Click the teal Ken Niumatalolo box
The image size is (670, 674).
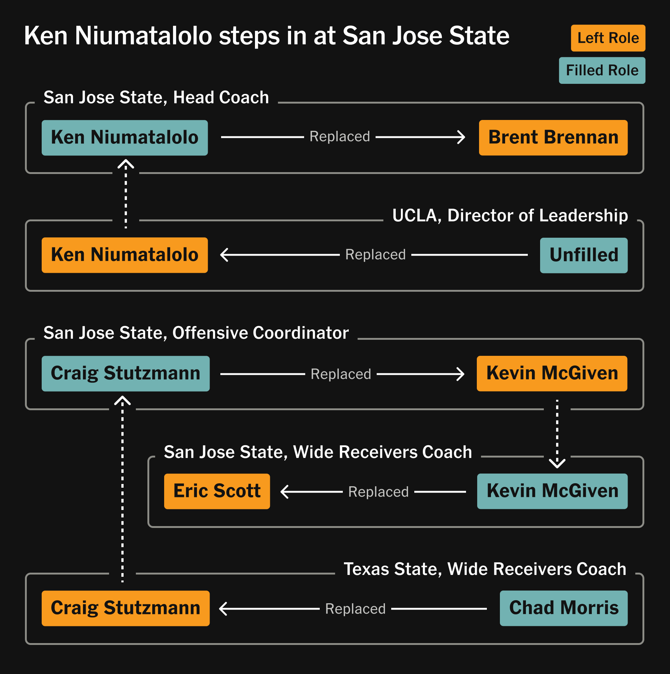pos(125,137)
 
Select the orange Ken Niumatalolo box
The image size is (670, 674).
pos(125,255)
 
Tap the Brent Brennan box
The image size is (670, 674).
pos(553,137)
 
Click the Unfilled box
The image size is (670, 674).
pos(584,255)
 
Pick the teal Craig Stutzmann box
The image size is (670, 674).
pos(125,373)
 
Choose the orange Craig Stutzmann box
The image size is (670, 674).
pos(125,608)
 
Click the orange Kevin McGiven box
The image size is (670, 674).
pos(552,373)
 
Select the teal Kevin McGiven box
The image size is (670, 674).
pos(552,491)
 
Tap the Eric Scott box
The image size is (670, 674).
pos(217,491)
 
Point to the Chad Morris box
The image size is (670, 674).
pos(564,608)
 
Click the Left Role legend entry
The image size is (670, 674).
pos(608,38)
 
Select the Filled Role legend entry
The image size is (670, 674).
pos(602,70)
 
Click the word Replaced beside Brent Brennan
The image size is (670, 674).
pos(340,137)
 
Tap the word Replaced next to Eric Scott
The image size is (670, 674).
pos(379,492)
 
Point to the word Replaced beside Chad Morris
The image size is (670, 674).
pos(355,609)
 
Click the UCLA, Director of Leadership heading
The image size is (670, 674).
pos(510,215)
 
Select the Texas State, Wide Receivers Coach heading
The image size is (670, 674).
pos(485,569)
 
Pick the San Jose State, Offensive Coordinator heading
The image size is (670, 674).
pos(196,333)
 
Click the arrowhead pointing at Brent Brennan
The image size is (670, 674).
pos(462,137)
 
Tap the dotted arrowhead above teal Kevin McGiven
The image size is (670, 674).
pos(557,463)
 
